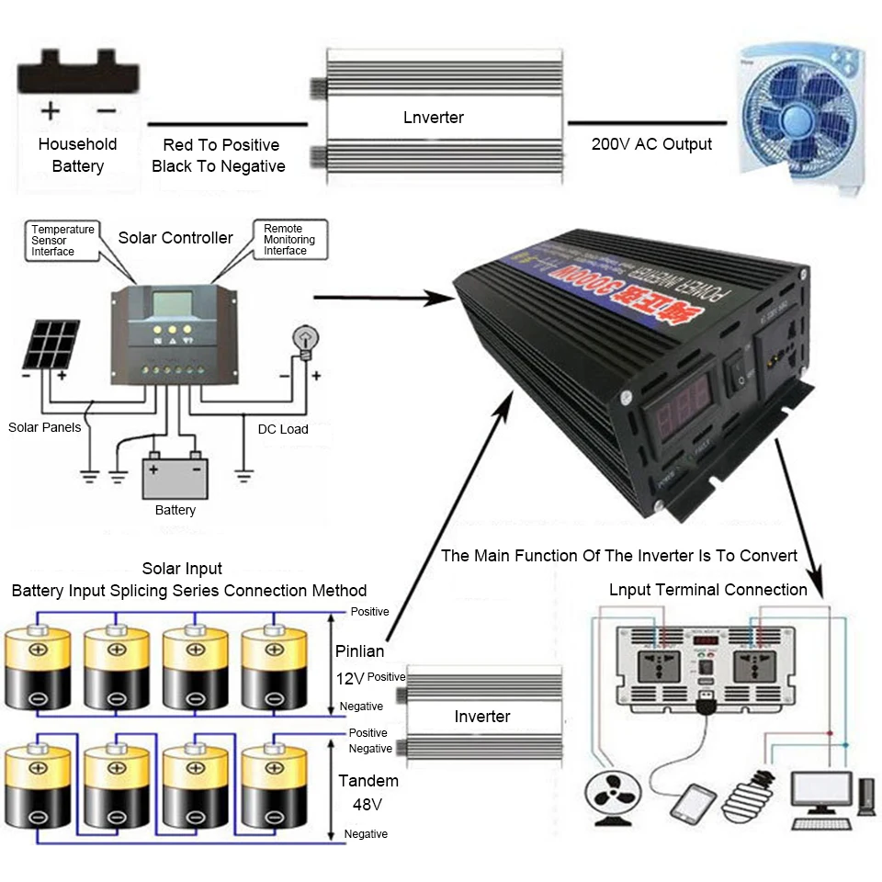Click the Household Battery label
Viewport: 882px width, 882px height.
77,155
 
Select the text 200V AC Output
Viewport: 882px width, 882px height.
651,144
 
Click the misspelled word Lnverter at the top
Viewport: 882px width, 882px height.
434,118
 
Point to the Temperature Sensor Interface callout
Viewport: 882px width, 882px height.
62,240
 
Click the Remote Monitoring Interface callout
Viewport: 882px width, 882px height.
288,240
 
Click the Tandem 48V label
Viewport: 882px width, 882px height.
368,792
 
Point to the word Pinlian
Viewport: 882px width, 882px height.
358,651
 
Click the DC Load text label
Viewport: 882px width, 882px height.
283,429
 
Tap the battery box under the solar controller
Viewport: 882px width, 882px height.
175,478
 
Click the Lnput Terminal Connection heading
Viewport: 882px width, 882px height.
707,590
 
